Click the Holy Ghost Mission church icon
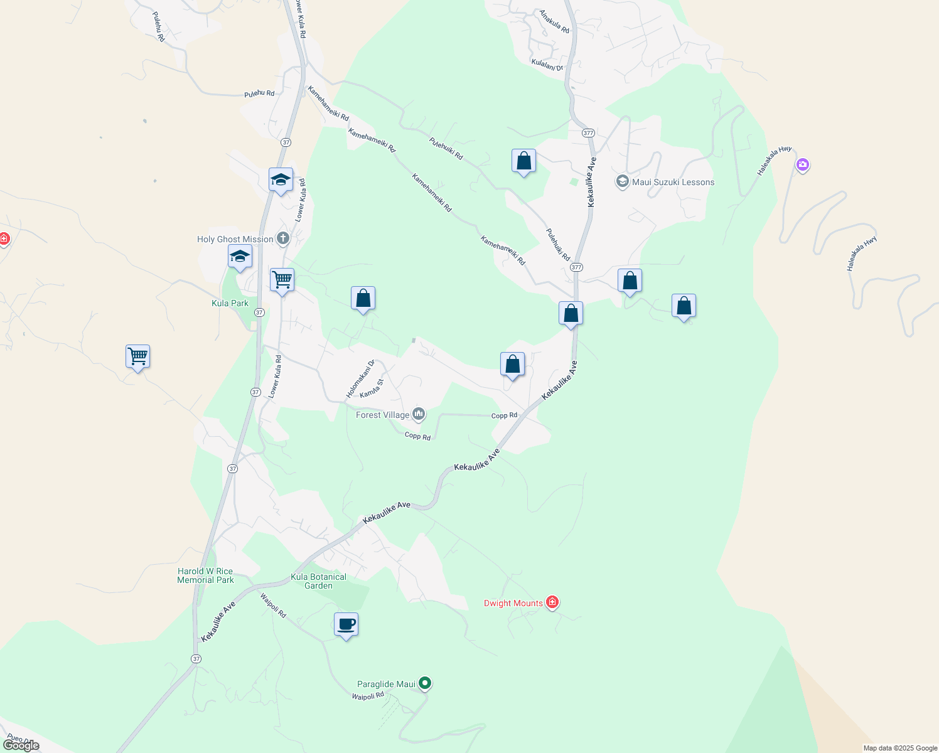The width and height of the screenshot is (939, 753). point(283,238)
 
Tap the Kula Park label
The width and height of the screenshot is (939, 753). point(230,303)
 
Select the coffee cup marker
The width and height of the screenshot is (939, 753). point(346,624)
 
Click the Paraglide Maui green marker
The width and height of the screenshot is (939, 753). point(425,683)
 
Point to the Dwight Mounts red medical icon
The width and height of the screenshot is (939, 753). point(552,602)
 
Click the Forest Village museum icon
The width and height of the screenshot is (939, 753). point(419,414)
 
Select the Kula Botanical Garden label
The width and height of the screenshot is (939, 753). point(318,581)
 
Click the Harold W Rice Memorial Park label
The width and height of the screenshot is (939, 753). point(205,575)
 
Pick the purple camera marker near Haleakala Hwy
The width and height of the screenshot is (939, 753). point(802,165)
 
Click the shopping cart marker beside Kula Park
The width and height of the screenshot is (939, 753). point(282,280)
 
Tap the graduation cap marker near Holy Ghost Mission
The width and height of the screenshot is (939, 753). point(240,257)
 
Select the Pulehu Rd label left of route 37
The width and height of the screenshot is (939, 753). point(259,93)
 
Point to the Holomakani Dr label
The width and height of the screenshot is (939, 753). point(360,378)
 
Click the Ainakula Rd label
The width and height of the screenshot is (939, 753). point(554,21)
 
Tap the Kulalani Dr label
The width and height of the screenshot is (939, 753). point(547,65)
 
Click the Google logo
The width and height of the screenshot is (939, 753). point(21,745)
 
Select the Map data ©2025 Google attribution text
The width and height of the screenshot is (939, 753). point(900,748)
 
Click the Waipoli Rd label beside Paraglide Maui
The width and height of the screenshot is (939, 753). point(367,696)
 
